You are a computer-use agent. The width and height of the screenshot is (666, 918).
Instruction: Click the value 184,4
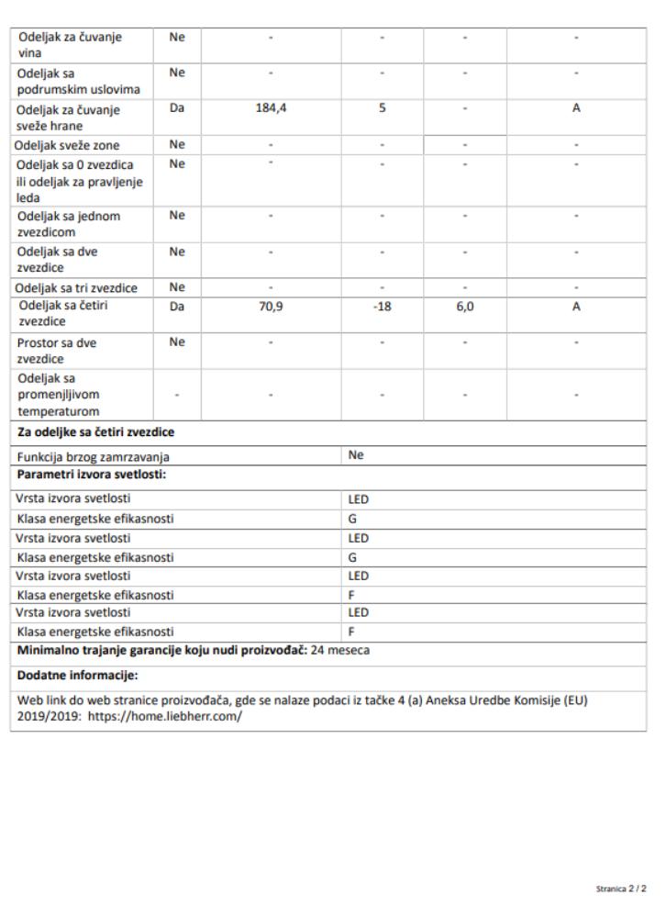coord(271,107)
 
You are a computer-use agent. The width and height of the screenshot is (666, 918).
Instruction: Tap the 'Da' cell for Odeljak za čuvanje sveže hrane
coord(177,107)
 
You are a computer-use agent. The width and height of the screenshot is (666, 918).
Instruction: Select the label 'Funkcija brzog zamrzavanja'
coord(93,456)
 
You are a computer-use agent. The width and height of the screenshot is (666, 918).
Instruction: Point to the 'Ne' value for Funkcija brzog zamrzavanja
coord(356,454)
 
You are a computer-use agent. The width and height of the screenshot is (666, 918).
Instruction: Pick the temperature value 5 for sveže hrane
coord(383,107)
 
